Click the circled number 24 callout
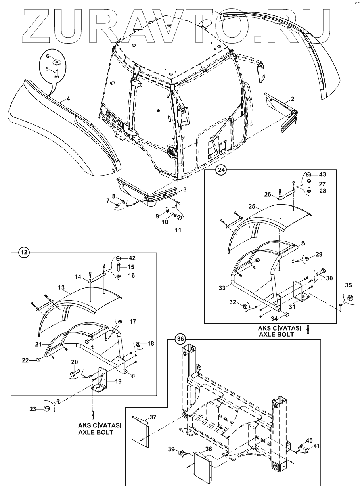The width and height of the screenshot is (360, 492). pos(221,170)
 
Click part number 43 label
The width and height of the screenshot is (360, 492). pos(322,174)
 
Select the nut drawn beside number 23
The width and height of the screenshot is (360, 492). pos(46,408)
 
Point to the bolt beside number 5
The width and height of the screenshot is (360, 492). pos(57,73)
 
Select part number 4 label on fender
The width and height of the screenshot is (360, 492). pos(68,99)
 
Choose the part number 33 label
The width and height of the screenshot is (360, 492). pos(222,288)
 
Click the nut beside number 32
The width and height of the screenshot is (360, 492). pos(245,306)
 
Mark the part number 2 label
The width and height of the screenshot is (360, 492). pos(293,99)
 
